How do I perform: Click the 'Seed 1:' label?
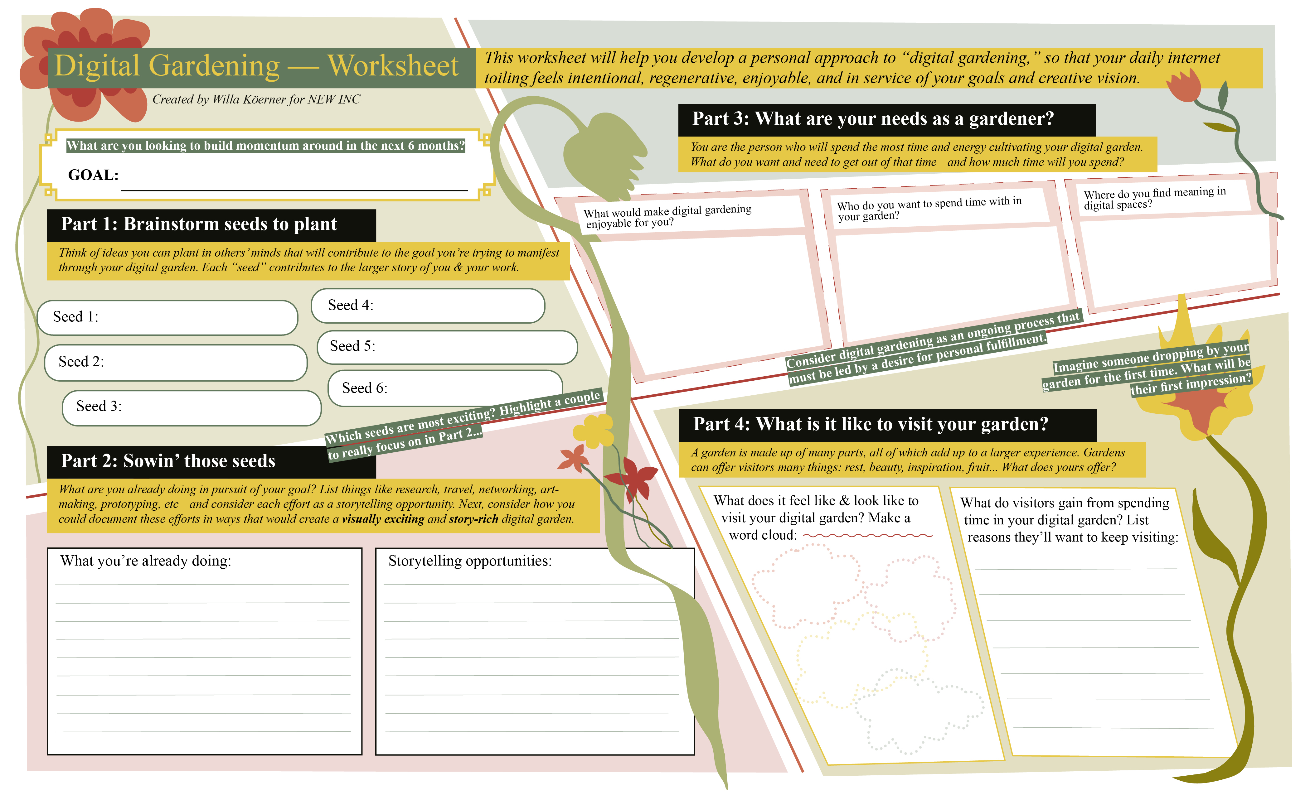[75, 317]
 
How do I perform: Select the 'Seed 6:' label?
[364, 388]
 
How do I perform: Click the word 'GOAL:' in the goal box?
[93, 175]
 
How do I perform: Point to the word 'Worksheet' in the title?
[393, 66]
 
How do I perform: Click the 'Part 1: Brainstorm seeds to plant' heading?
[199, 224]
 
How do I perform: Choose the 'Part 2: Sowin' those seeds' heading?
[168, 461]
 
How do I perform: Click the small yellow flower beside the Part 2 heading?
[594, 431]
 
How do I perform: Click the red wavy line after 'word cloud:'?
[868, 536]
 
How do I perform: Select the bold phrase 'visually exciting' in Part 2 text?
[383, 519]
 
